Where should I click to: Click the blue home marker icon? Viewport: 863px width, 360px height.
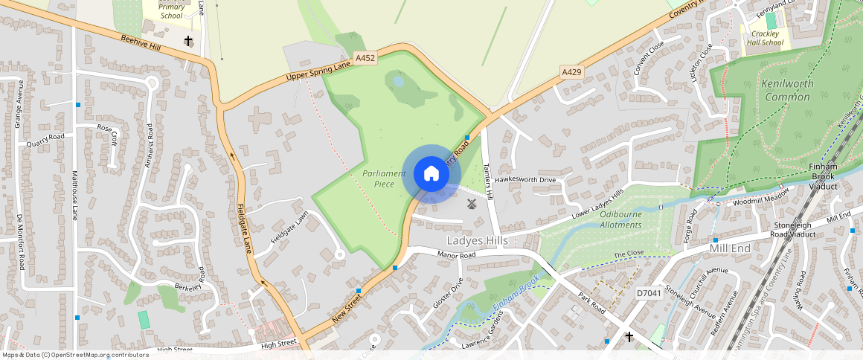tap(431, 174)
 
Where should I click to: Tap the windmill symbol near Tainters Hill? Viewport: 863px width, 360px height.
tap(471, 203)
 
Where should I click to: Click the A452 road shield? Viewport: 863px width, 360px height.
tap(365, 57)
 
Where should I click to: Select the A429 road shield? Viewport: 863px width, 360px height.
tap(571, 71)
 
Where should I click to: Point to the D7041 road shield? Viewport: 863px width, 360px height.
tap(648, 294)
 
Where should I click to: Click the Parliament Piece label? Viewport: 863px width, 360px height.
tap(385, 179)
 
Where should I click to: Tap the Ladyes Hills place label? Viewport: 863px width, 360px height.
tap(477, 241)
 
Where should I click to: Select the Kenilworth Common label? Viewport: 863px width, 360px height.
tap(787, 91)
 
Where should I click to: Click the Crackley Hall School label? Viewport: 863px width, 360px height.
tap(766, 38)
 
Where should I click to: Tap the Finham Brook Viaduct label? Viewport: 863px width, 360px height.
tap(823, 176)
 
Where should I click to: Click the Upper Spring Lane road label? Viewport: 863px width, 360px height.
tap(318, 72)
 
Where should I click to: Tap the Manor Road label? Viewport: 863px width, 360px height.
tap(456, 255)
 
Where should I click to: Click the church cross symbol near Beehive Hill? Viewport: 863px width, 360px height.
tap(188, 41)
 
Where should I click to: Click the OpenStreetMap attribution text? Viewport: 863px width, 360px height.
tap(74, 355)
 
